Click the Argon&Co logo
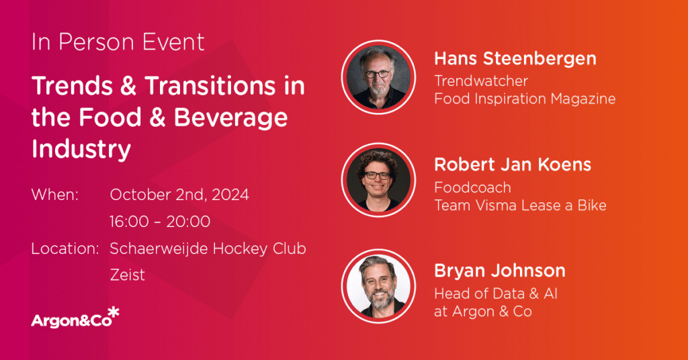coord(75,318)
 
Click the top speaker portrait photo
coord(379,77)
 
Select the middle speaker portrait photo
coord(379,180)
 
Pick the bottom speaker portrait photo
coord(379,286)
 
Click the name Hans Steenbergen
coord(515,58)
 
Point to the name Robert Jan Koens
coord(513,165)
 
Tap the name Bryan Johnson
coord(500,271)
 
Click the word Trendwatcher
coord(481,81)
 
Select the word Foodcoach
coord(472,187)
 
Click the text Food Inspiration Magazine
coord(525,99)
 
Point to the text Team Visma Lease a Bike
coord(521,206)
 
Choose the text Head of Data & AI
coord(496,294)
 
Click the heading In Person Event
coord(118,42)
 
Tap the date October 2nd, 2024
coord(179,195)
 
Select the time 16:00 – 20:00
coord(160,222)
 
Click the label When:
coord(55,195)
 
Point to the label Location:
coord(65,249)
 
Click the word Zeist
coord(127,275)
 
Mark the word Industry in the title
coord(81,150)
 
